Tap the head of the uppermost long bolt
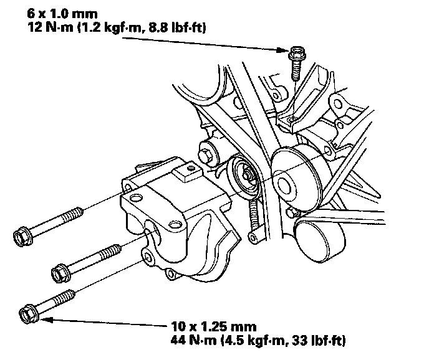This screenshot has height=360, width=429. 22,235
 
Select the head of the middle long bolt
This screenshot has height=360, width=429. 60,272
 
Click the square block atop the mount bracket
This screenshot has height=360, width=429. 185,171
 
